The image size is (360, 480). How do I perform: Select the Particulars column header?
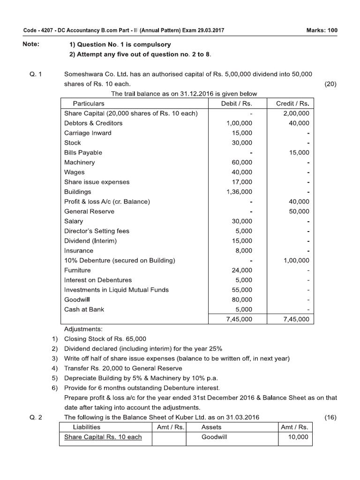tap(89, 103)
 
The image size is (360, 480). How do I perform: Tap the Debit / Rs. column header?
tap(237, 103)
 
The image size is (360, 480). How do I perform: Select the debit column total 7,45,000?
tap(239, 319)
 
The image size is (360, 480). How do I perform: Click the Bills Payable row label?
tap(83, 152)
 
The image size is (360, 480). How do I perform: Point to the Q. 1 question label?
tap(35, 74)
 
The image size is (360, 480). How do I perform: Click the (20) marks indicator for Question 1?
tap(330, 84)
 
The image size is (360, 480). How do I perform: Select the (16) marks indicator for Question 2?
tap(330, 417)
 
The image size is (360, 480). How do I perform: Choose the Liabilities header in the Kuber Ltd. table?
tap(87, 427)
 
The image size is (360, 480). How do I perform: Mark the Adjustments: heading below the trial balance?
tap(83, 329)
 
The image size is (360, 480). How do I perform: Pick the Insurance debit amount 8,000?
tap(243, 251)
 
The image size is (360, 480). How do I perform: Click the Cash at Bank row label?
tap(84, 309)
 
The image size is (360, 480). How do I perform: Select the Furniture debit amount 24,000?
tap(241, 270)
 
